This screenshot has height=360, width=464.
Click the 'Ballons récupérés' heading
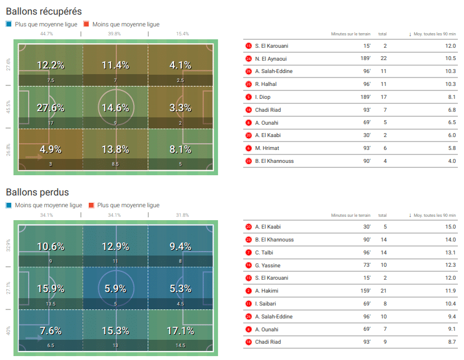[44, 11]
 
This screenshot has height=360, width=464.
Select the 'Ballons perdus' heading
[37, 193]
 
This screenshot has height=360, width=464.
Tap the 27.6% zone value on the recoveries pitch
[51, 108]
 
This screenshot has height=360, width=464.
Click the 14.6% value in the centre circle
[116, 108]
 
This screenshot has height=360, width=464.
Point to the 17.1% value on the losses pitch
[181, 331]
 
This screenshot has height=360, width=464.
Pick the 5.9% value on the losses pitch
[116, 289]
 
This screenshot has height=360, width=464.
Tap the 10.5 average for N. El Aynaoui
[450, 58]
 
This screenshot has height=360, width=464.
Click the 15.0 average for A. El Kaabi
[450, 227]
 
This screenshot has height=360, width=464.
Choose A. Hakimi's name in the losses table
[267, 291]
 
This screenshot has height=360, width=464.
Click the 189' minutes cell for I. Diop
[365, 97]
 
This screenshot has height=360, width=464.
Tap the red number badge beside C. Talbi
[249, 253]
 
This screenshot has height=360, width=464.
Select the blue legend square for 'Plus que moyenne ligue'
[8, 24]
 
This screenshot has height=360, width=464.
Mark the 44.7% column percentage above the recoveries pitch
[47, 34]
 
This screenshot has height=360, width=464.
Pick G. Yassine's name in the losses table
[267, 265]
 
